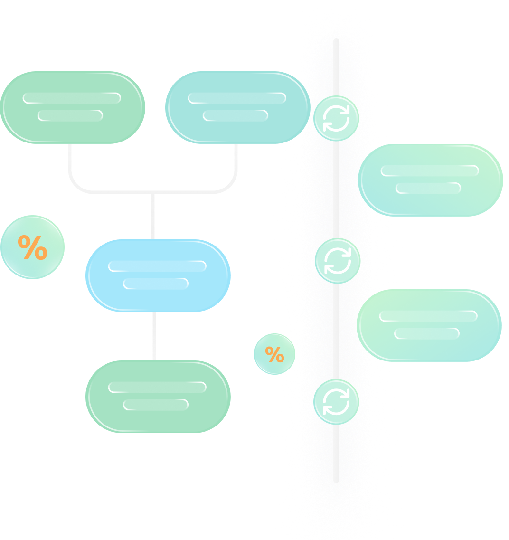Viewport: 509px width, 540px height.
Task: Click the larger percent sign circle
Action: pyautogui.click(x=32, y=247)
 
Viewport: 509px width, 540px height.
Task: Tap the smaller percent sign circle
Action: pyautogui.click(x=274, y=354)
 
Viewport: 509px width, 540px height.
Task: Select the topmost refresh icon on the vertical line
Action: pyautogui.click(x=336, y=118)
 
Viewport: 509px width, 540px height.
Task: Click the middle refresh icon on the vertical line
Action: pyautogui.click(x=338, y=261)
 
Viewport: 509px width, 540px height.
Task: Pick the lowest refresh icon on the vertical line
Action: pyautogui.click(x=336, y=402)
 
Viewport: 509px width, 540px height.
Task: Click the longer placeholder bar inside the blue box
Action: pyautogui.click(x=157, y=266)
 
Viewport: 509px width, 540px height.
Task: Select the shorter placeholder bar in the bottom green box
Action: pyautogui.click(x=156, y=405)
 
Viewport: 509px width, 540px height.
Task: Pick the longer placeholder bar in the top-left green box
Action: pyautogui.click(x=72, y=98)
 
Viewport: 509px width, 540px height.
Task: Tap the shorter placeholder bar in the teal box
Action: pyautogui.click(x=236, y=115)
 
